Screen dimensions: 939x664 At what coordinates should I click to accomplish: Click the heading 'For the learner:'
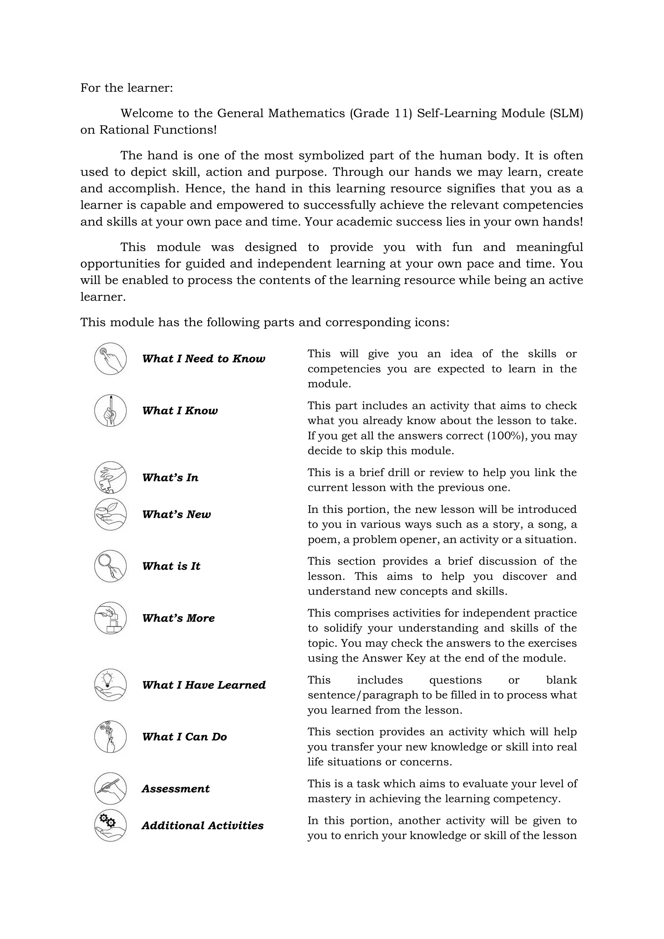click(x=126, y=88)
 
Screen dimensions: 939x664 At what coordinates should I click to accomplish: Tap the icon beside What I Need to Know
click(x=110, y=359)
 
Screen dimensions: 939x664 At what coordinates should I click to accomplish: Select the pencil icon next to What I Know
click(x=110, y=410)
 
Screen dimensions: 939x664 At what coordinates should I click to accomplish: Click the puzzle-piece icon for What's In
click(x=110, y=477)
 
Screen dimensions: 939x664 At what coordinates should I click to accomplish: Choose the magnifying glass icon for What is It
click(x=110, y=566)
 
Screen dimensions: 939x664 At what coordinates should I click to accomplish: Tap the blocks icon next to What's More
click(x=110, y=618)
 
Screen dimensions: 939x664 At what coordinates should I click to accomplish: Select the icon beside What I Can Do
click(x=110, y=737)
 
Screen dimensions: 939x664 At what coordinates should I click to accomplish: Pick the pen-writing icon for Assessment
click(x=110, y=789)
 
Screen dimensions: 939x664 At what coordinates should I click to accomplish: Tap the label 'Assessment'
click(x=175, y=789)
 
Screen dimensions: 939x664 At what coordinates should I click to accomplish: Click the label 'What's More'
click(x=178, y=618)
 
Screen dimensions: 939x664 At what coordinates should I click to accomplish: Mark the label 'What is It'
click(x=171, y=566)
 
